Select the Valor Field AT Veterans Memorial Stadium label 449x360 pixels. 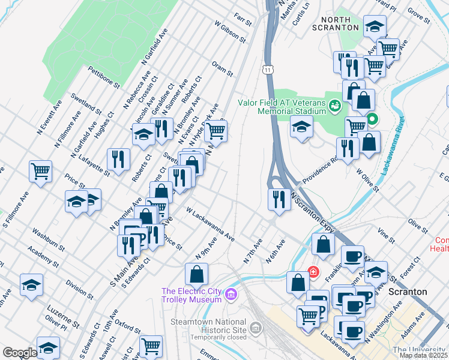pos(282,106)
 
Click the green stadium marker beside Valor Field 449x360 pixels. pos(335,106)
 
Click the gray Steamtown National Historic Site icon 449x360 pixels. pos(257,328)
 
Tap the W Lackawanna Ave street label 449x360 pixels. pos(210,224)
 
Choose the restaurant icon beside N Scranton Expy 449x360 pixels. pos(278,199)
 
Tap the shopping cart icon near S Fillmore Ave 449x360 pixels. pos(40,171)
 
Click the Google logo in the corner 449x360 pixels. pos(20,353)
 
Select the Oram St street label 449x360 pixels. pos(221,69)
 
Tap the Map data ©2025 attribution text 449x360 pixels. pos(423,355)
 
